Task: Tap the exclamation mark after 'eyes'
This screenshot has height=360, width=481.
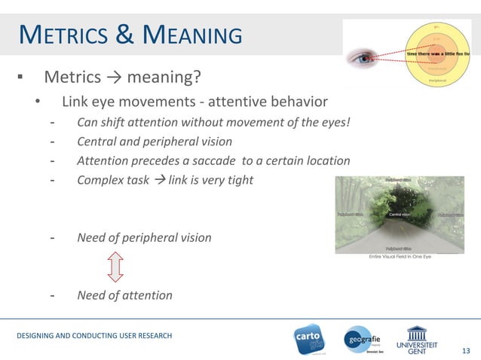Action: [348, 122]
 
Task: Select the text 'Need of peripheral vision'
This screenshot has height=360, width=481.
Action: [144, 237]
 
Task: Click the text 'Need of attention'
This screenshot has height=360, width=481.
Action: [124, 295]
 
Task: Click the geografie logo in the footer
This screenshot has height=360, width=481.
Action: [365, 340]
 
